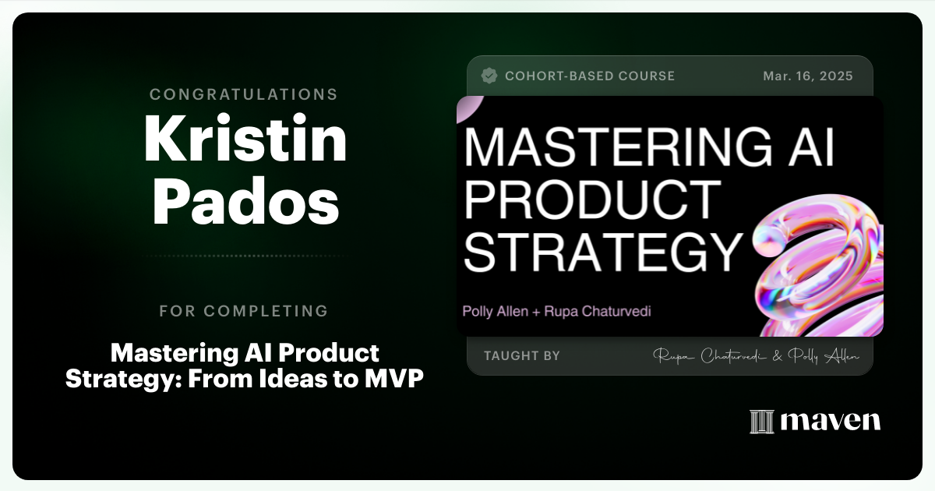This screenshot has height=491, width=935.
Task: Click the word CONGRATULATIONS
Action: [244, 94]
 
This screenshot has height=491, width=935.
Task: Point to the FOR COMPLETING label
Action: [244, 311]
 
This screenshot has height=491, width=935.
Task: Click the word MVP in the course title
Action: [396, 379]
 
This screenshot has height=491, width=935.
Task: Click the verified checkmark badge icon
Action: [489, 76]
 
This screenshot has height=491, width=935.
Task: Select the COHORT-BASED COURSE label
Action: [589, 76]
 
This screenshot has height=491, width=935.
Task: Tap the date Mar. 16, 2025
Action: [808, 76]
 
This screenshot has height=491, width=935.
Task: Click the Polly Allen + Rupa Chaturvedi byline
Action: [556, 312]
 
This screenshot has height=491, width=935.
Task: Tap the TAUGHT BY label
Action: [521, 355]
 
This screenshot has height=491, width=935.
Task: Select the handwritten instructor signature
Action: [756, 356]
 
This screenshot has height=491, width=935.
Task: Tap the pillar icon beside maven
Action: [760, 422]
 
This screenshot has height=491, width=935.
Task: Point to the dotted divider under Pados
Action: [244, 256]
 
